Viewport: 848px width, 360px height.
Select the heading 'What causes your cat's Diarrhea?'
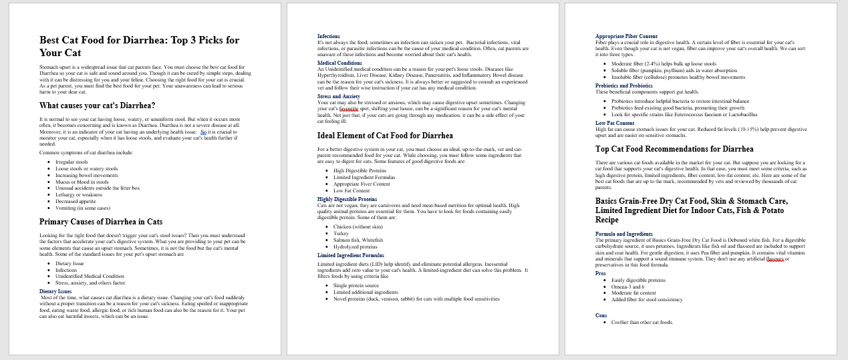(97, 106)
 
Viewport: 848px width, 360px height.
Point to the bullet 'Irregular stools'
(72, 162)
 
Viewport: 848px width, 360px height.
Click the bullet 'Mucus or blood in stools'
(82, 182)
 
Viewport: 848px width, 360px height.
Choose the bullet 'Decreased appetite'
(76, 201)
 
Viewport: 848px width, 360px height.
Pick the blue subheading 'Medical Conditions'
(339, 63)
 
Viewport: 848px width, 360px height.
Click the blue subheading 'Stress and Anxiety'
(339, 96)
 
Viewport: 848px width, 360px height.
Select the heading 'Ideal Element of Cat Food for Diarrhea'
(385, 136)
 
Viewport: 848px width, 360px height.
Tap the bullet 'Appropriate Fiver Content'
(362, 184)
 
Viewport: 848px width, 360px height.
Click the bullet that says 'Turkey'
(341, 234)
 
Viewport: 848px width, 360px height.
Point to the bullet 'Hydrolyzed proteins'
(356, 246)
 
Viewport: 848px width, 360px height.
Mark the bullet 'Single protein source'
(356, 285)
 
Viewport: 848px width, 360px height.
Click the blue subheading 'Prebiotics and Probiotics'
(624, 85)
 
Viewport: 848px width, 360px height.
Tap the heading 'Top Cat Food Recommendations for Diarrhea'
(674, 149)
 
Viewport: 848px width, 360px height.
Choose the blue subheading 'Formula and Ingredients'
(624, 234)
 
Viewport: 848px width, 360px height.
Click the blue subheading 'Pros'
(600, 273)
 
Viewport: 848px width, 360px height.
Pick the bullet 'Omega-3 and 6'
(628, 287)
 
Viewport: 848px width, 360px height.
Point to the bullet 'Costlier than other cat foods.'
(642, 322)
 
